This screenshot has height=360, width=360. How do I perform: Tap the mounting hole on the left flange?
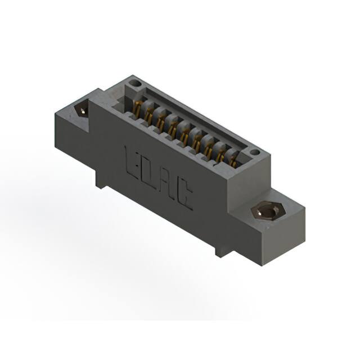(x=82, y=110)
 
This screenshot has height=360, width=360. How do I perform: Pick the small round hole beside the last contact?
(x=254, y=152)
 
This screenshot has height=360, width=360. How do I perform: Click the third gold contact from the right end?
(x=208, y=149)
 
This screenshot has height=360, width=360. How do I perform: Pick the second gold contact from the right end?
(x=220, y=156)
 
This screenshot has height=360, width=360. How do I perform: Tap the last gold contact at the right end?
(x=232, y=163)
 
